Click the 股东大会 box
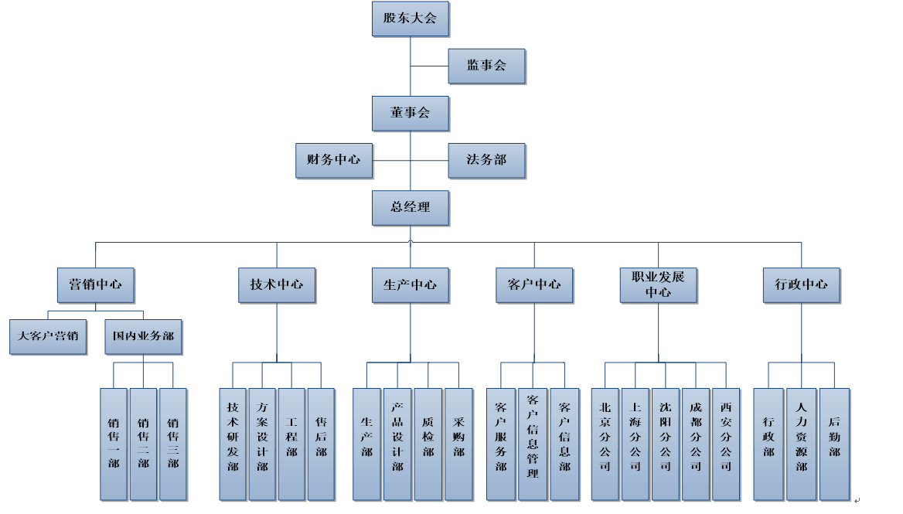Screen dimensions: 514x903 410,19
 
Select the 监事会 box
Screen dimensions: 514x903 487,66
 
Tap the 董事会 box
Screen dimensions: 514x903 410,113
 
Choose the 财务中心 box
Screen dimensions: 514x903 333,160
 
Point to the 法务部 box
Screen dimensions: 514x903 487,160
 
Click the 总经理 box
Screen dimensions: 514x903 410,208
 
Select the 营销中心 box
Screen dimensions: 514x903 95,284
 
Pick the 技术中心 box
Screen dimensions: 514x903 277,284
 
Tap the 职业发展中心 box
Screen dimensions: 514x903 659,284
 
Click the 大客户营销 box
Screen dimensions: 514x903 48,337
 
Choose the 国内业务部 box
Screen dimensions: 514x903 143,337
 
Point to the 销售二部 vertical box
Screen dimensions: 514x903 143,444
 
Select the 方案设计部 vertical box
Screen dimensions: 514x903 263,444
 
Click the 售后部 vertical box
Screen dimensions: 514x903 321,444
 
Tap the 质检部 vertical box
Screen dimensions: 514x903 428,444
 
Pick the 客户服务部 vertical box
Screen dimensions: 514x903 501,444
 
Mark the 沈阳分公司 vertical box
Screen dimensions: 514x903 666,444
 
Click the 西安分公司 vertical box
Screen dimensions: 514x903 726,444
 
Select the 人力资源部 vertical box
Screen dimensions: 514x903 801,444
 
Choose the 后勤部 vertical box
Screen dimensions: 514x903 834,444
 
